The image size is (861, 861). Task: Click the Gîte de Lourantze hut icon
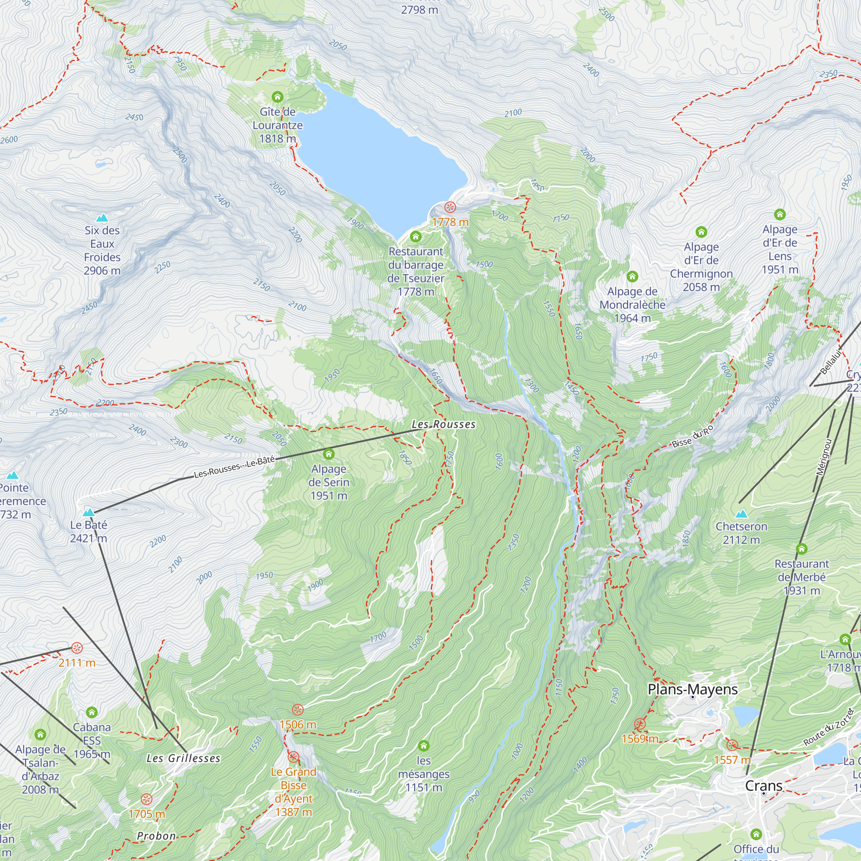coord(277,97)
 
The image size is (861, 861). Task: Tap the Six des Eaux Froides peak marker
coord(102,218)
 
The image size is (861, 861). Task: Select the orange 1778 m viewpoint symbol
coord(450,207)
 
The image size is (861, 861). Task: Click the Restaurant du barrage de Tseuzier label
coord(416,271)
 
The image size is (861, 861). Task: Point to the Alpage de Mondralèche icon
coord(632,277)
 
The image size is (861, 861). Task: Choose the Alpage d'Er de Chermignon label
coord(701,266)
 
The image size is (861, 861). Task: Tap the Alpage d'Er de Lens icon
coord(780,214)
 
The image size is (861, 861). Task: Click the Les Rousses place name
coord(443,424)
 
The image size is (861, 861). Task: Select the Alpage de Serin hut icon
coord(328,454)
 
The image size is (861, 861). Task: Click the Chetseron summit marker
coord(741,514)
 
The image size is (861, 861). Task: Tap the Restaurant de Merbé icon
coord(801,548)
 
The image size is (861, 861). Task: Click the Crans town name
coord(763,786)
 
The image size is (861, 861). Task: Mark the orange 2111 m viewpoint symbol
coord(77,647)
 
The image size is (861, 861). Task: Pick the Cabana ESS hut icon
coord(92,712)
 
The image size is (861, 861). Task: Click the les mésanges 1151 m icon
coord(423,746)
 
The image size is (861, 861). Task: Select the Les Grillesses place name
coord(183,758)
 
